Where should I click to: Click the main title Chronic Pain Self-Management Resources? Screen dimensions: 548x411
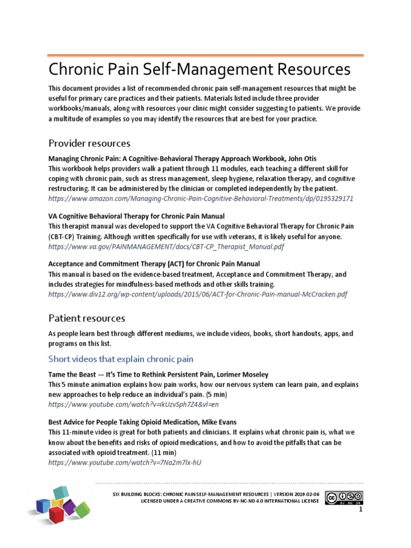click(x=200, y=70)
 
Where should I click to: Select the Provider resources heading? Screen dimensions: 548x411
click(x=89, y=143)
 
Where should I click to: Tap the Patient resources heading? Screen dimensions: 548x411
click(x=87, y=318)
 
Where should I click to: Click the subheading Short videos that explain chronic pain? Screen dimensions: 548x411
click(x=121, y=358)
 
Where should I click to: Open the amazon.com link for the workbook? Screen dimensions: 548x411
click(x=201, y=199)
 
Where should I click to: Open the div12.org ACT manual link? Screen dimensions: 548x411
click(x=198, y=294)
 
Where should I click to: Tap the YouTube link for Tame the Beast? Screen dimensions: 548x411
click(x=134, y=404)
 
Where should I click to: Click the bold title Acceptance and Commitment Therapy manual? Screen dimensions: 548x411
click(x=154, y=264)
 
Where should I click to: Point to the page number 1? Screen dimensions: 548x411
click(x=361, y=510)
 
